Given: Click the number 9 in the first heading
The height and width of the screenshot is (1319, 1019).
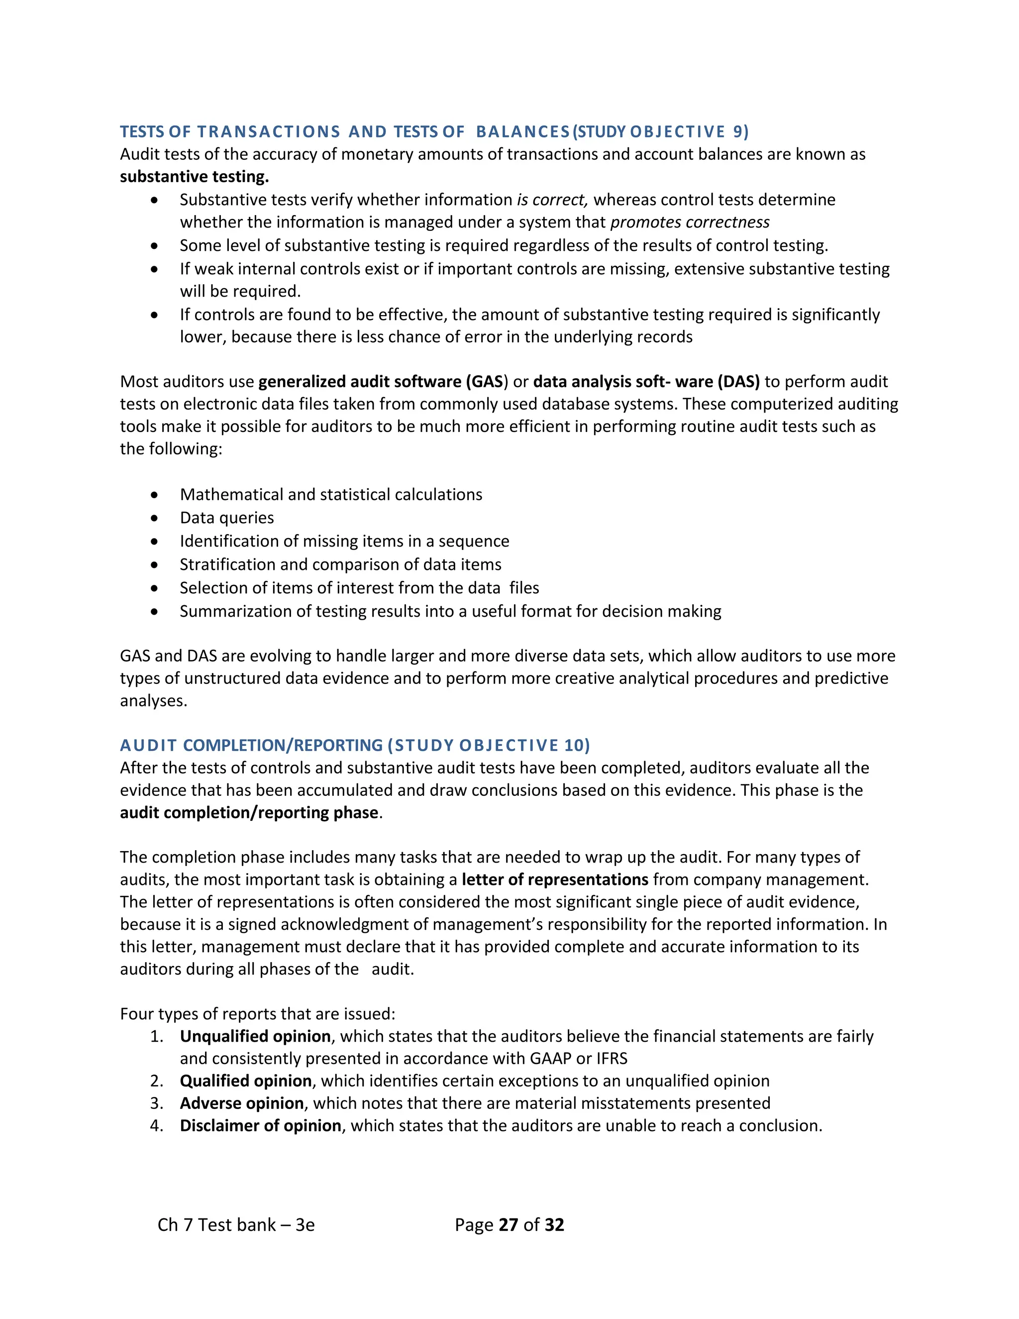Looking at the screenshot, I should (x=738, y=132).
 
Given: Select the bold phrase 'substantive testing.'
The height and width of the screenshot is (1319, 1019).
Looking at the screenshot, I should (x=194, y=177).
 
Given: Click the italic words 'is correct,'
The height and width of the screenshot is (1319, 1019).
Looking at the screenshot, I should (x=552, y=200).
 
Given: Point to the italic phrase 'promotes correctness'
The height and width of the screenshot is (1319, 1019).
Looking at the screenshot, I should (x=690, y=222).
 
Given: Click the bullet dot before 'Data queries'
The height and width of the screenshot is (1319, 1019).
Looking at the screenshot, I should (x=155, y=518).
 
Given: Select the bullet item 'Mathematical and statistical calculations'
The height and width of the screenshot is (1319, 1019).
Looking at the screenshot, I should (x=331, y=495).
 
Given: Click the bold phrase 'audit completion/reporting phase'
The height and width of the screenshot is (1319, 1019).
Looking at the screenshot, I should (x=249, y=813).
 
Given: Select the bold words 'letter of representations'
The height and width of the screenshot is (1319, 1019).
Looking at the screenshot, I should (x=555, y=880).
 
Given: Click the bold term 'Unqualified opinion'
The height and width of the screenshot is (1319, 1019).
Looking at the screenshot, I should (x=255, y=1036).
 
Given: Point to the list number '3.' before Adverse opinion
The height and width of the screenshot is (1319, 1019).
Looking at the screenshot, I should (x=157, y=1103).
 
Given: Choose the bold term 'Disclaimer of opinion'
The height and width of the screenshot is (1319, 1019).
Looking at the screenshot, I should (x=260, y=1126).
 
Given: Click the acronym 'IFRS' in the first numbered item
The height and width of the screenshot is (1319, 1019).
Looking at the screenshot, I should (x=611, y=1059).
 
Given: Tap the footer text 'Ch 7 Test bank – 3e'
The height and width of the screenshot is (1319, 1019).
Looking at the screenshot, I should (x=236, y=1225).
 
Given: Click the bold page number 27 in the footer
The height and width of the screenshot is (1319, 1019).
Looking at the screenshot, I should (x=509, y=1225).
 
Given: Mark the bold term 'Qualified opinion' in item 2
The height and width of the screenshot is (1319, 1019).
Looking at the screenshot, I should (x=246, y=1081).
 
